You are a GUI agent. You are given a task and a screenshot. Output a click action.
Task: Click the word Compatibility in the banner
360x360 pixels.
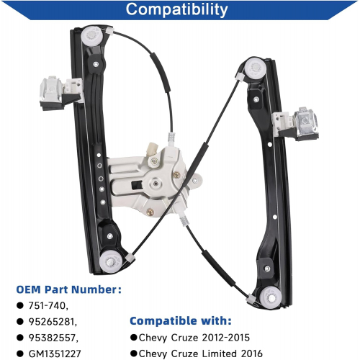[176, 10]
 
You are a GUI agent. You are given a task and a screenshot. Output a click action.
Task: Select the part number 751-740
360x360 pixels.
[48, 305]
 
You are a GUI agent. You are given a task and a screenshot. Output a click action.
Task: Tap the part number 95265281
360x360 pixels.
[53, 322]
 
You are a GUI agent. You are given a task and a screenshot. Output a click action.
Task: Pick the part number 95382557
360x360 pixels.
[53, 338]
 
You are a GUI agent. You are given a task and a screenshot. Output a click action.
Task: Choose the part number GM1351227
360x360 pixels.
[55, 354]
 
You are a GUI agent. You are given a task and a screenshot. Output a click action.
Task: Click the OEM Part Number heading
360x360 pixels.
[68, 289]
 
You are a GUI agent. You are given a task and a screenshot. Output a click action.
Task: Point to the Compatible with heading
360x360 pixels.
[181, 321]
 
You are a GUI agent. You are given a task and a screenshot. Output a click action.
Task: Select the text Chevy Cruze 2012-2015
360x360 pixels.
[194, 338]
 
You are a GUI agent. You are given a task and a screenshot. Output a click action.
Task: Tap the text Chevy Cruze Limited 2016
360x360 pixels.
[201, 354]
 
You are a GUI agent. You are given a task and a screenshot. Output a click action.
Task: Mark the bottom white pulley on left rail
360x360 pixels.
[110, 262]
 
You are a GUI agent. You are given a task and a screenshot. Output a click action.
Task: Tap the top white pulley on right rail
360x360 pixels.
[255, 68]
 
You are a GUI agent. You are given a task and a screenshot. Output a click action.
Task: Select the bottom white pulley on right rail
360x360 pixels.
[271, 297]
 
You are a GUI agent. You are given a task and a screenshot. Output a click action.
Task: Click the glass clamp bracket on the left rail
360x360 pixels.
[60, 94]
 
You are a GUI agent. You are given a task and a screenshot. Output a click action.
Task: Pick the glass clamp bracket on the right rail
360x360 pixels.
[296, 124]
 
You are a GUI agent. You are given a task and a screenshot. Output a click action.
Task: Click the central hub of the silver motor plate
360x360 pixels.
[156, 184]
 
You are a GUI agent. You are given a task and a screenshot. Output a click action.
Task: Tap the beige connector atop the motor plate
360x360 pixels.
[152, 149]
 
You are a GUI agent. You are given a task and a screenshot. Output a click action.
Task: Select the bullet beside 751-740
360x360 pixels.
[20, 305]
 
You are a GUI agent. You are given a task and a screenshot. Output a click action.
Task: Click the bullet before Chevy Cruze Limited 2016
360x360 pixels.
[134, 354]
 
